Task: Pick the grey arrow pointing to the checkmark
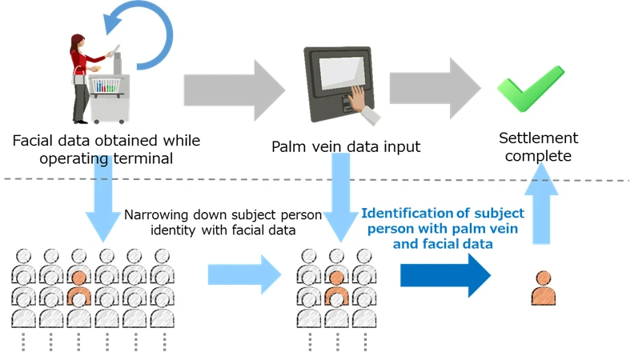[433, 85]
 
